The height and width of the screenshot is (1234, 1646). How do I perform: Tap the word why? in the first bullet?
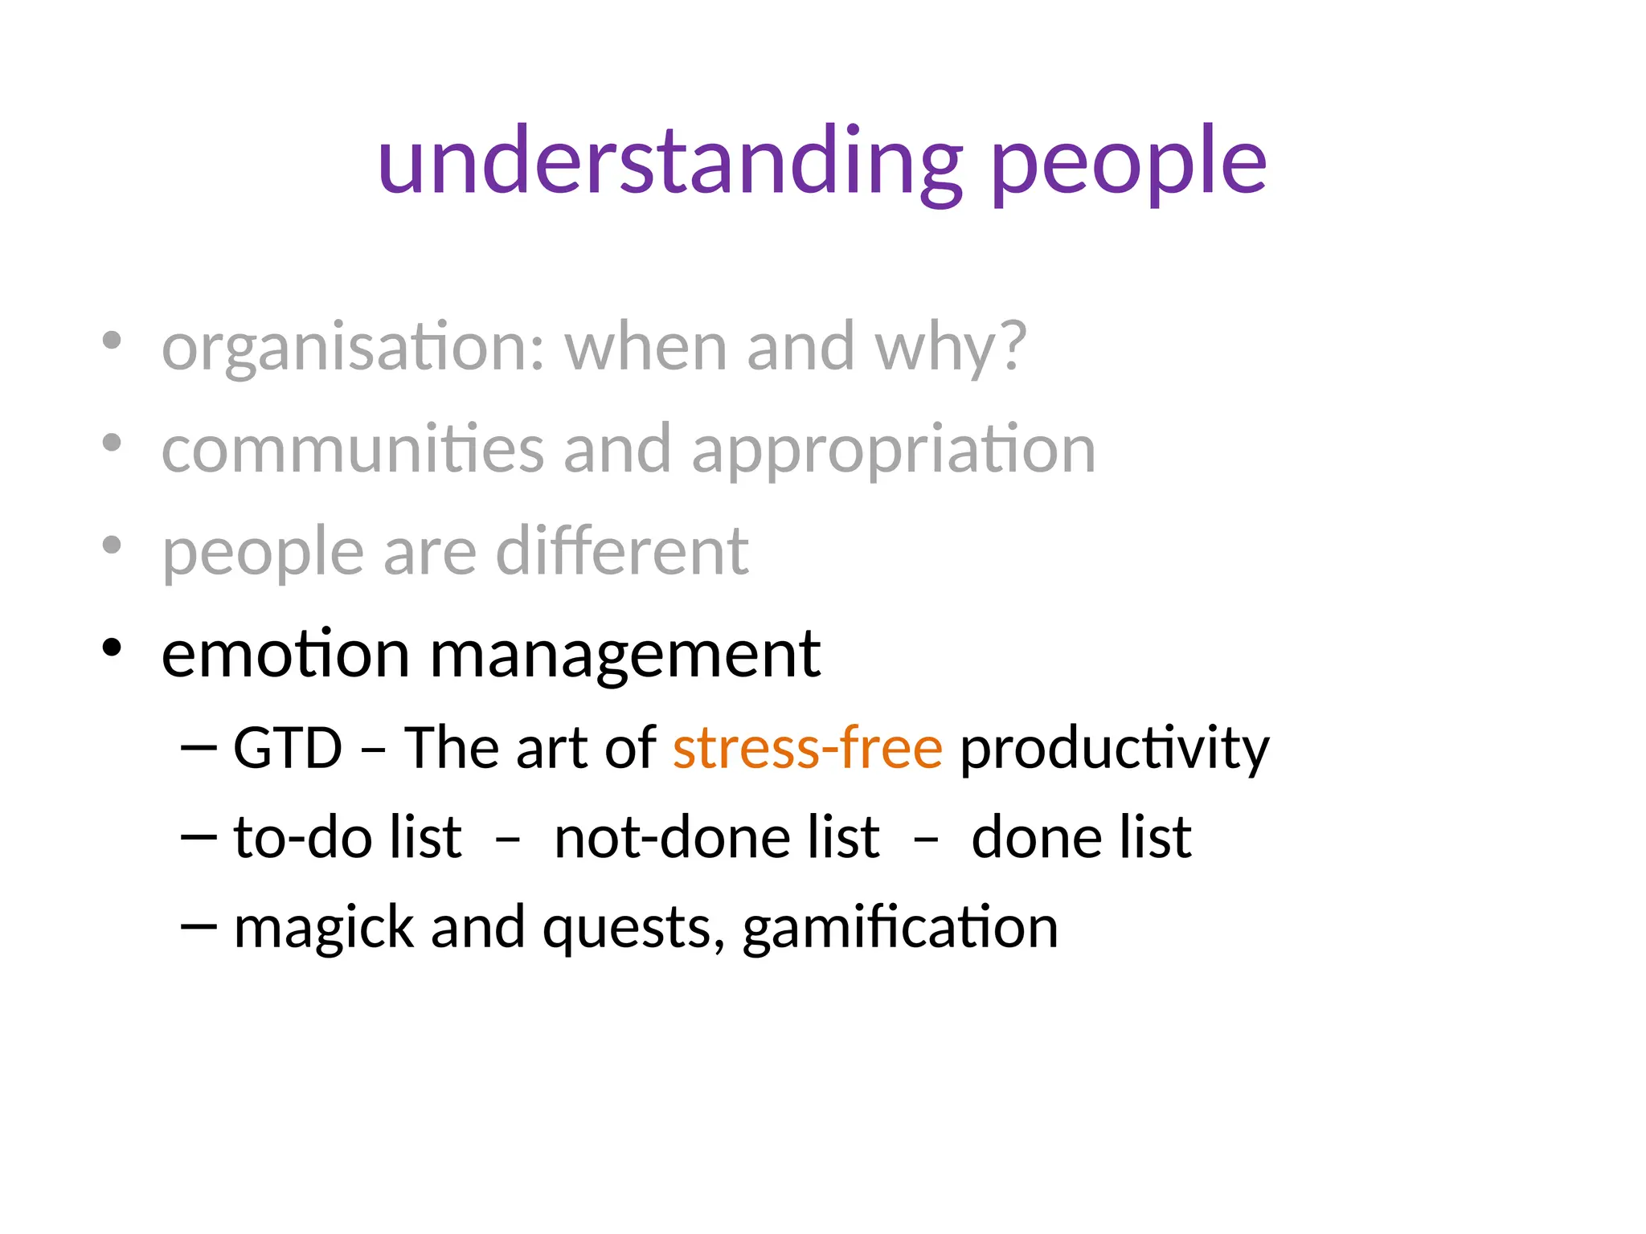tap(951, 349)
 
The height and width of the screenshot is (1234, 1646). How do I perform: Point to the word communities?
tap(353, 450)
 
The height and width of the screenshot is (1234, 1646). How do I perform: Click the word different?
tap(622, 552)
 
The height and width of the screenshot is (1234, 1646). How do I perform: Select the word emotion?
tap(285, 654)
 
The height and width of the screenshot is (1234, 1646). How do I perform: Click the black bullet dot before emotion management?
tap(112, 647)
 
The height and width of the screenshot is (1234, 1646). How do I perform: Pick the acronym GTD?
tap(288, 748)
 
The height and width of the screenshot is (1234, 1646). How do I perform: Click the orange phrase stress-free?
tap(807, 748)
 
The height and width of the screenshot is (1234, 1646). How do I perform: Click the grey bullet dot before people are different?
tap(112, 545)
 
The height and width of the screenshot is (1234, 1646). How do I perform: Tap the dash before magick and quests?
tap(199, 926)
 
